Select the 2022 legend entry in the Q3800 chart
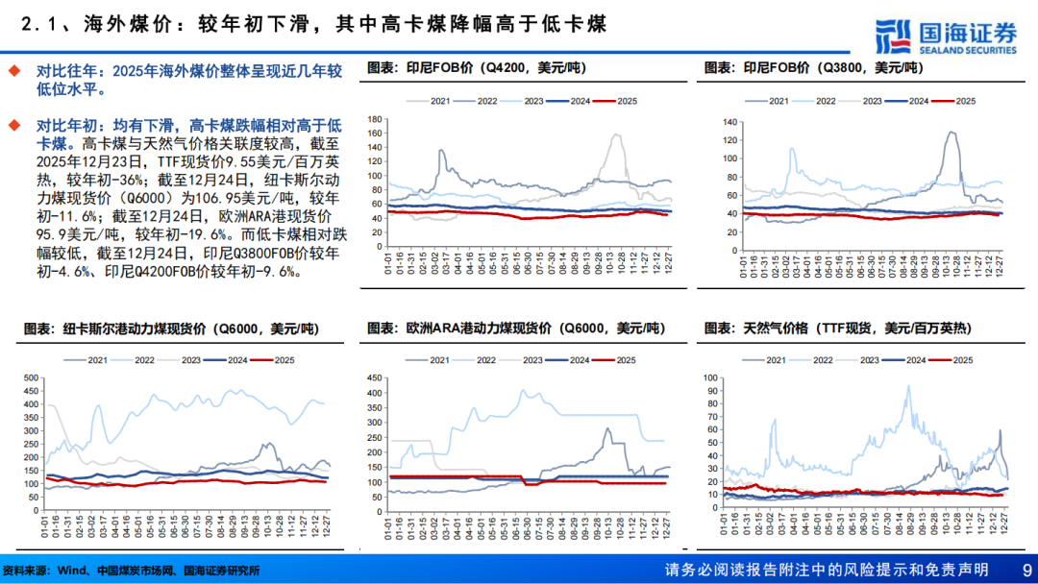820,101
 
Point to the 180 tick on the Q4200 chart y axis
376,118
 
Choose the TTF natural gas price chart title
837,328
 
